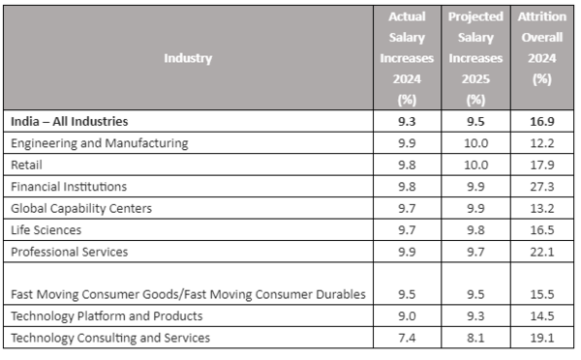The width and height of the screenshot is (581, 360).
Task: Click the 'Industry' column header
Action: click(188, 58)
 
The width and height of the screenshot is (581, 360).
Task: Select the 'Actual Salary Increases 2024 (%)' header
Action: click(407, 58)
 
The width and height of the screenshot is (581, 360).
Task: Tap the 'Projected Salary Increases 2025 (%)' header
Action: click(474, 58)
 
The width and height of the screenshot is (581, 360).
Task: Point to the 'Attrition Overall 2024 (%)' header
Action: click(541, 58)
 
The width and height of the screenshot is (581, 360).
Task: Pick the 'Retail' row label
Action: click(26, 165)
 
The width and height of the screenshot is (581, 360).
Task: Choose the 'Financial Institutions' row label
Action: click(69, 186)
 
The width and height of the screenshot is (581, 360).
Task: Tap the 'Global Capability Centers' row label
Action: click(81, 208)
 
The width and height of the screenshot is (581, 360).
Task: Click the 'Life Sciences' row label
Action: click(46, 229)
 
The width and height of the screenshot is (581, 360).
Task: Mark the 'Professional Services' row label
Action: click(70, 252)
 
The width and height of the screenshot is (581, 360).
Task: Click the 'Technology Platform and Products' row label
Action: click(107, 315)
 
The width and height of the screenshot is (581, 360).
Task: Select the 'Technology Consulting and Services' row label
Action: click(110, 337)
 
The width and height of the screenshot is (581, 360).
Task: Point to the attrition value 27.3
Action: click(541, 186)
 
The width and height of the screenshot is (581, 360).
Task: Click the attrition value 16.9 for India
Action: click(541, 122)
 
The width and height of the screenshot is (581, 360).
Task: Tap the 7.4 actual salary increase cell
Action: click(407, 337)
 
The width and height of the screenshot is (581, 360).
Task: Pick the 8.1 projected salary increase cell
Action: click(474, 337)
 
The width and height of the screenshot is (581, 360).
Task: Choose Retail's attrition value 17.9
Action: click(541, 165)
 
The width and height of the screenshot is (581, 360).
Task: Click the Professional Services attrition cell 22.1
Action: click(541, 252)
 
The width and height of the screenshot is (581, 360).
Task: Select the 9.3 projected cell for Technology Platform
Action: click(474, 315)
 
